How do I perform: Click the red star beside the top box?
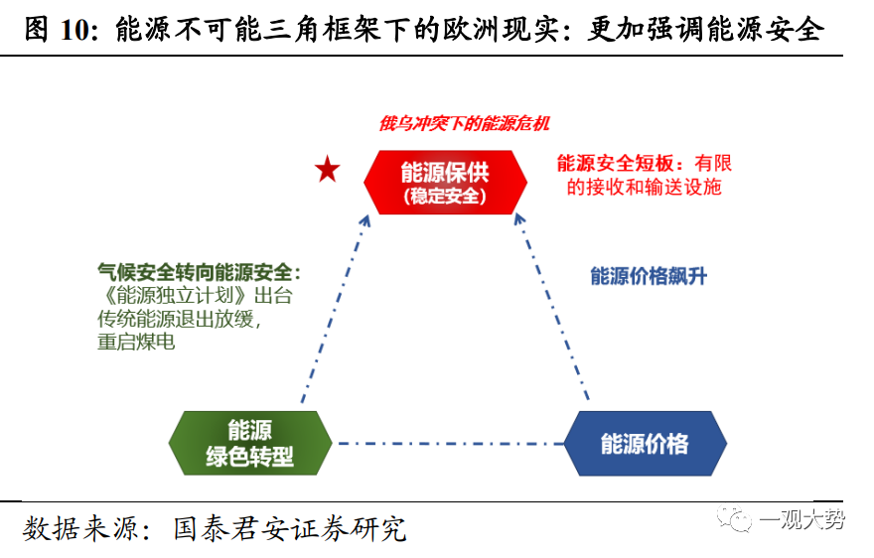[x=328, y=171]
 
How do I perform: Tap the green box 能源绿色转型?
[x=249, y=443]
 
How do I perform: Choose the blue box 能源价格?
[x=645, y=443]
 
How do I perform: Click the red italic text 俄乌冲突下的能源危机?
[x=464, y=124]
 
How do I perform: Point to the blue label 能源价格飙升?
[x=649, y=276]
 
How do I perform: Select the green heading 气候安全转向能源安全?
[x=198, y=272]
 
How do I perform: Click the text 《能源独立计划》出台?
[x=195, y=296]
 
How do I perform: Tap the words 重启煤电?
[x=136, y=343]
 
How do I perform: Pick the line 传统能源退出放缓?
[x=183, y=319]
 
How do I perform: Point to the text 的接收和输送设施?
[x=644, y=187]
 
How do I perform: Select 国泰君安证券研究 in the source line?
[x=289, y=527]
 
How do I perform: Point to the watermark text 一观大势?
[x=801, y=520]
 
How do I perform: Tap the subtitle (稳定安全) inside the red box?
[x=444, y=197]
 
